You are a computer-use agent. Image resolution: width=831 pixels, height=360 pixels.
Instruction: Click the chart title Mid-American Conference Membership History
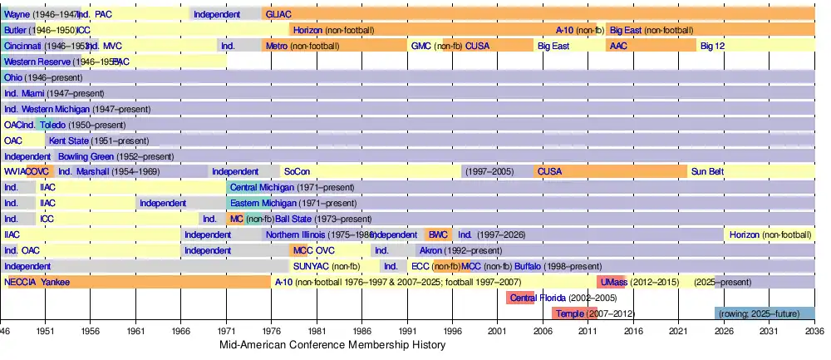point(332,345)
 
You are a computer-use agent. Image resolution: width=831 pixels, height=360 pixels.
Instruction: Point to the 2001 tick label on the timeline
point(498,331)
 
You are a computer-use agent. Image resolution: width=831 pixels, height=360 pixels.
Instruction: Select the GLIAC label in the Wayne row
point(278,14)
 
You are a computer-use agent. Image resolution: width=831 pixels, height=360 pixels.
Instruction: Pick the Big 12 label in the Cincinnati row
point(712,46)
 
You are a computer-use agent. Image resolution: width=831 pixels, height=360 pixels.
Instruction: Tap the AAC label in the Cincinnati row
point(618,46)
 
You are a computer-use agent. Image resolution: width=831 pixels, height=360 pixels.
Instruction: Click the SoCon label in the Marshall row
point(297,172)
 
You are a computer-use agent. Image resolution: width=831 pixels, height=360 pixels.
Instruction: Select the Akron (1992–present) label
point(461,250)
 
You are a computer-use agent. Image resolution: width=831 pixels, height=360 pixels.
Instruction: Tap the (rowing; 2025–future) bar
point(765,313)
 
